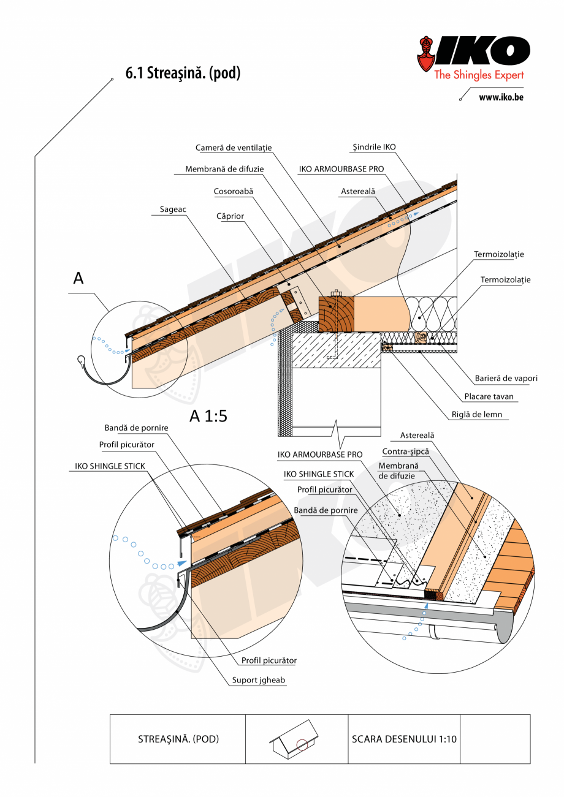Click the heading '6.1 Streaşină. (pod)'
(x=183, y=74)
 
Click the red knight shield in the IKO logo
(x=427, y=55)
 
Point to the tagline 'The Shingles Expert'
(x=479, y=75)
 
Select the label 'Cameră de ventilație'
(x=234, y=148)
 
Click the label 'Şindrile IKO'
(x=374, y=147)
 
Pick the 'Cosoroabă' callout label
(x=234, y=191)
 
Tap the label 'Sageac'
(x=173, y=210)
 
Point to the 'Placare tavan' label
(x=489, y=396)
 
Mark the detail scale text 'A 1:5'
(x=208, y=416)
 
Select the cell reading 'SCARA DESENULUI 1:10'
(x=404, y=739)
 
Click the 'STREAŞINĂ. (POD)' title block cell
(x=178, y=739)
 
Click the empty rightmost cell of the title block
(x=495, y=739)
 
